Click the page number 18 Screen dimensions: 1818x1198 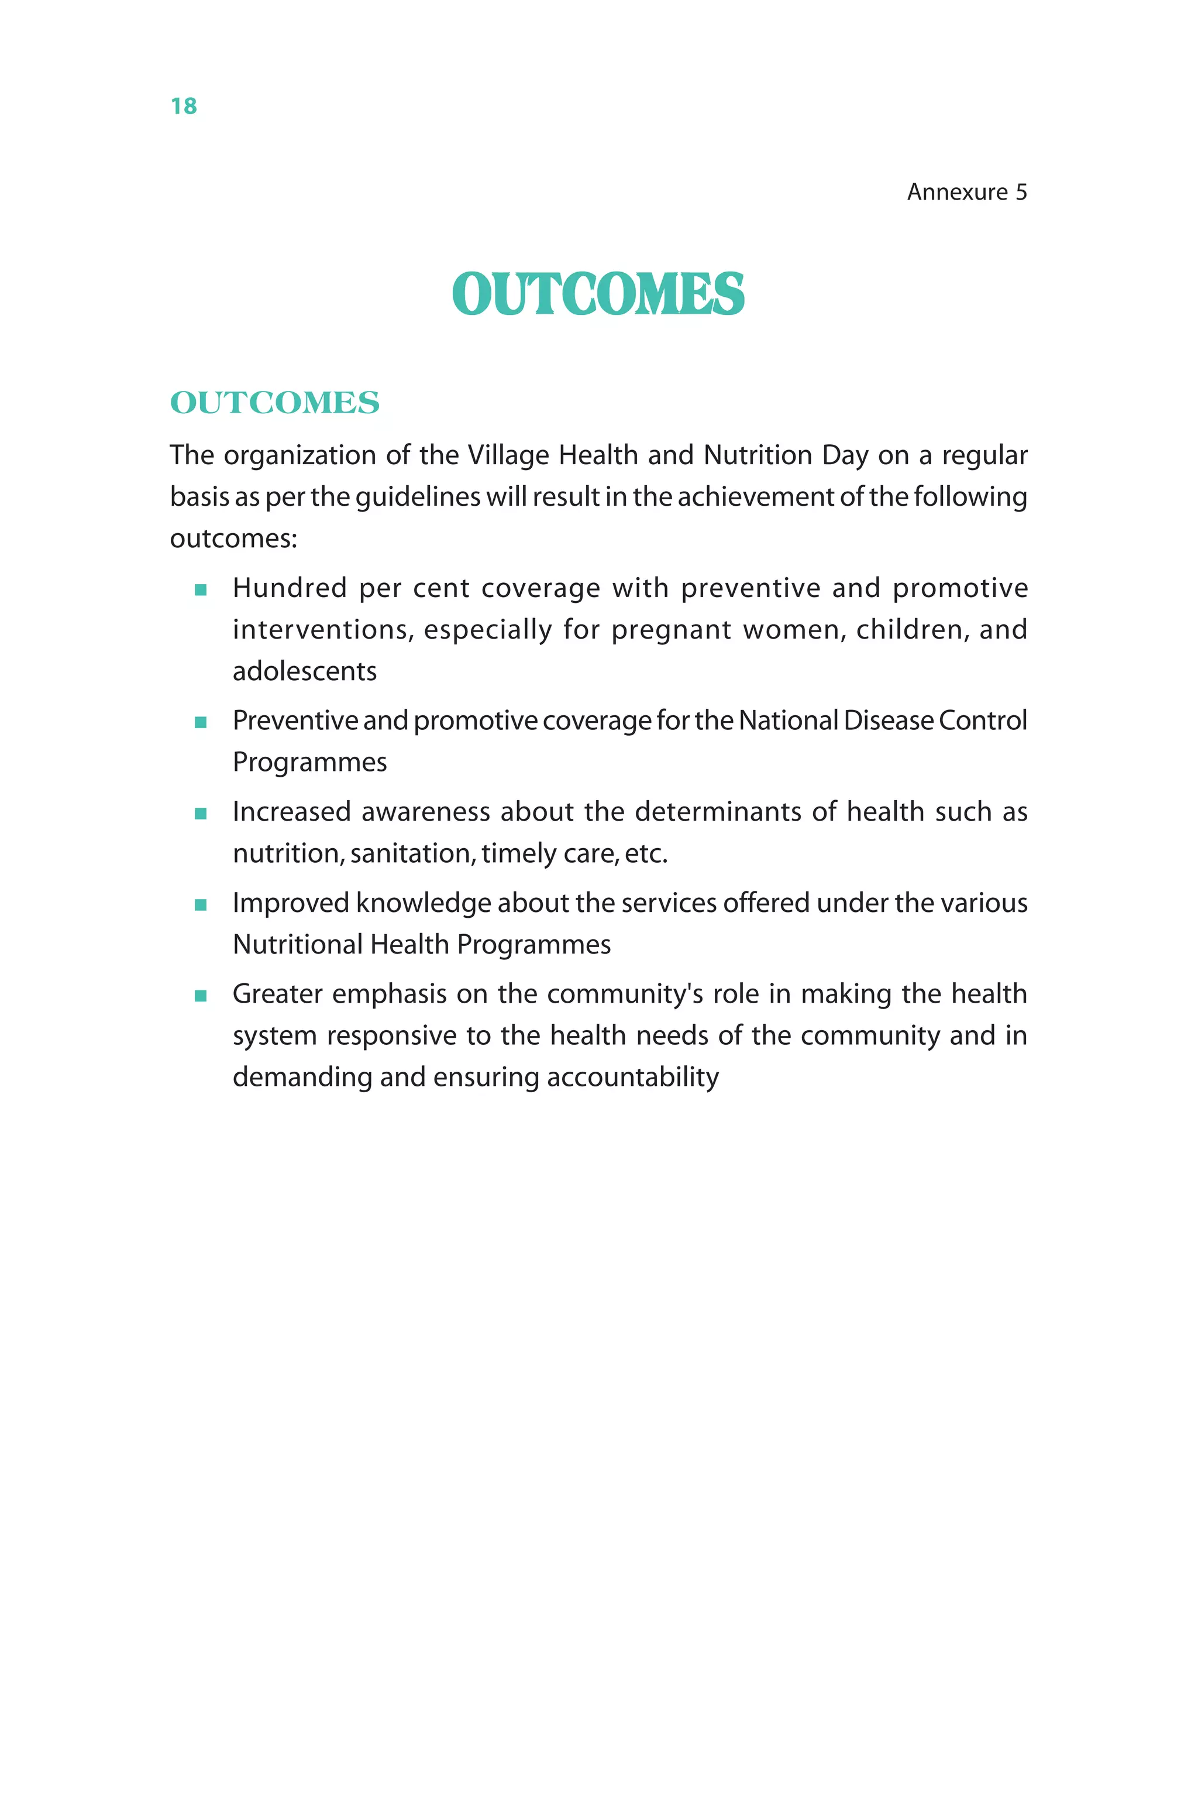click(x=183, y=107)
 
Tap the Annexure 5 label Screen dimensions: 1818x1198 click(x=966, y=192)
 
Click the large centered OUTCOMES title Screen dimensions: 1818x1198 click(x=598, y=294)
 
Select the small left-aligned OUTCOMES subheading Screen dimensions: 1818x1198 click(x=274, y=403)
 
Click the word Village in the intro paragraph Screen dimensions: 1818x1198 click(x=508, y=455)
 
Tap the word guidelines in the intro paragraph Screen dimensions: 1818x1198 click(x=418, y=497)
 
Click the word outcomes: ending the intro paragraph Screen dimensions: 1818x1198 click(x=233, y=538)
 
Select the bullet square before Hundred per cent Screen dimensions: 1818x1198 click(x=201, y=589)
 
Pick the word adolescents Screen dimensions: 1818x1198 click(x=304, y=671)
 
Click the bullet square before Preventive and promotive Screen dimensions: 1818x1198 click(x=201, y=722)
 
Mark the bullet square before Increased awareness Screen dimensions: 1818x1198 click(x=201, y=814)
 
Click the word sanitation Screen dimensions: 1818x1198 click(x=412, y=853)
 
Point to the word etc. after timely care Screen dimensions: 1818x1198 click(x=646, y=853)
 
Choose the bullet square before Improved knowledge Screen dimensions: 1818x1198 click(x=201, y=904)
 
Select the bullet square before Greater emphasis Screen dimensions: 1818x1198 click(x=201, y=996)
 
